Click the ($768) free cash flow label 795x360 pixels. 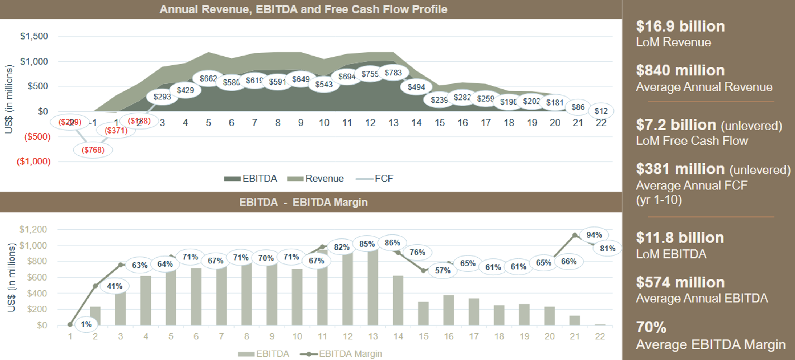coord(93,150)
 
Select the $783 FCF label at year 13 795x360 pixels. coord(393,73)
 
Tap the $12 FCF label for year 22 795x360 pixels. coord(601,111)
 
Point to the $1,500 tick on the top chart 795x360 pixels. coord(34,36)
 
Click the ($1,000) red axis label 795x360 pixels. coord(34,161)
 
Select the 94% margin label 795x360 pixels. coord(594,235)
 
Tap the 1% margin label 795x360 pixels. coord(86,324)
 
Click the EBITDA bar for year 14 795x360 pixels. coord(398,300)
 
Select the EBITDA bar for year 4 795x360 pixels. coord(146,300)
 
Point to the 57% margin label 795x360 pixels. coord(443,270)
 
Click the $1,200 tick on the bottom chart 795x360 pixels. coord(33,229)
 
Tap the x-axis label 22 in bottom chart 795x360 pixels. coord(600,336)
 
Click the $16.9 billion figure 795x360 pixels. coord(680,26)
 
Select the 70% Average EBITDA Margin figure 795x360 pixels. coord(651,327)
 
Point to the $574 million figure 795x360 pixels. coord(680,282)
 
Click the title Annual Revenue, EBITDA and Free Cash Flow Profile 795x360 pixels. coord(303,9)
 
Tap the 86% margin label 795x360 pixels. coord(392,242)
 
